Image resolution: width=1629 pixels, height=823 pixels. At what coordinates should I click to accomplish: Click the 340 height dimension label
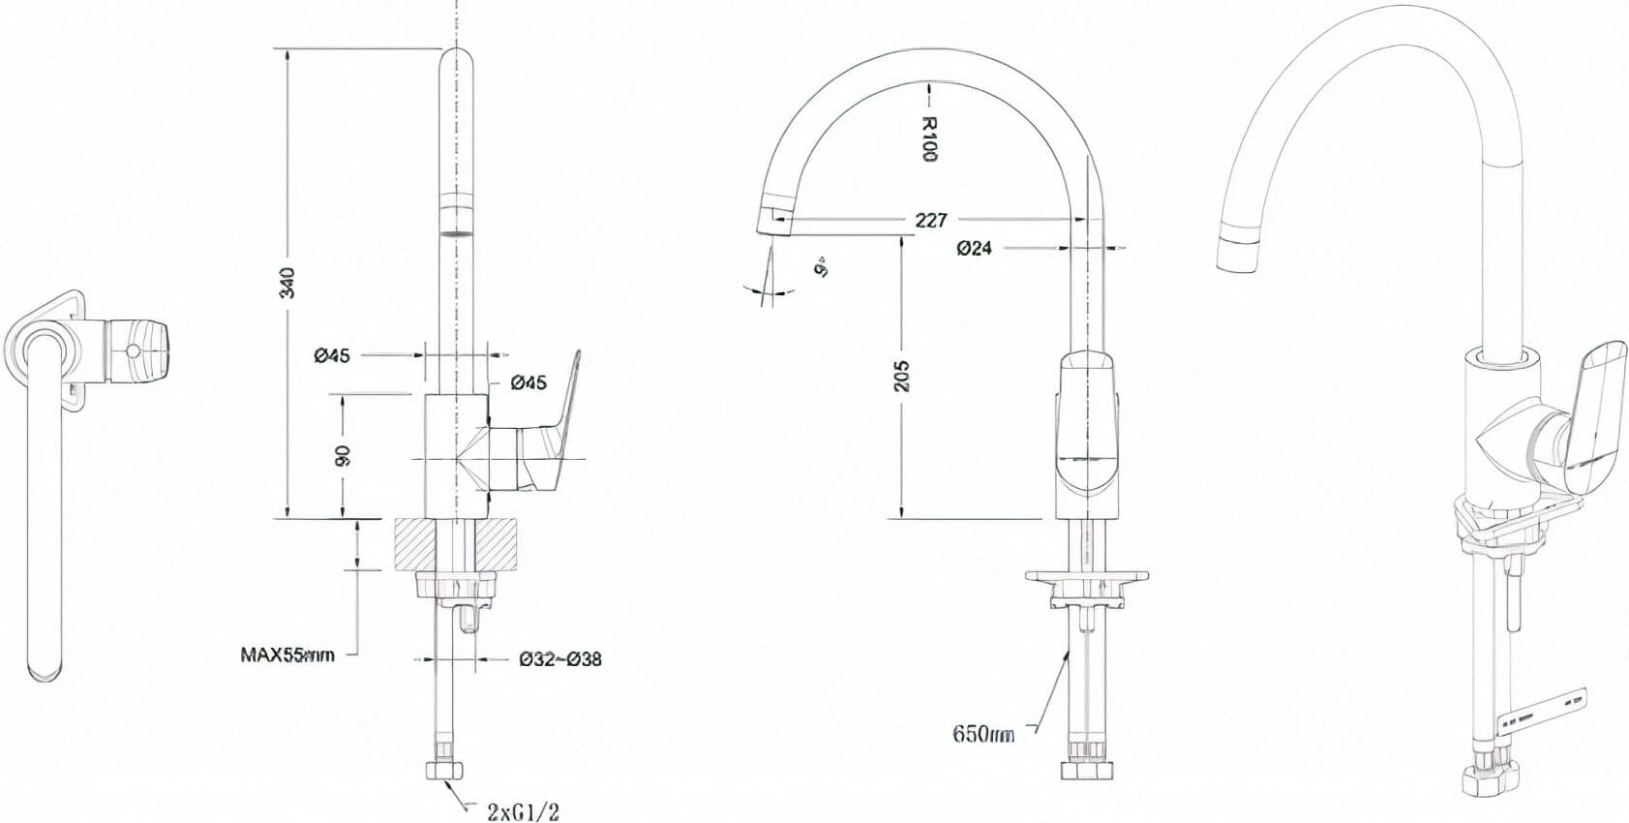tap(287, 282)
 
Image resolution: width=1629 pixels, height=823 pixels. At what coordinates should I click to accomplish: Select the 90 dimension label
tap(342, 455)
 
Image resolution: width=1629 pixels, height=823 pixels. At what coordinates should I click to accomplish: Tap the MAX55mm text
tap(287, 655)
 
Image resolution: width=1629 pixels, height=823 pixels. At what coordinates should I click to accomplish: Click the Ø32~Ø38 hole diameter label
tap(560, 659)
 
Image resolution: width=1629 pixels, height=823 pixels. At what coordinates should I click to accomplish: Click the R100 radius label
tap(928, 138)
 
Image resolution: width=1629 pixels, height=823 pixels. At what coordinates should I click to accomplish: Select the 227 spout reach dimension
tap(930, 221)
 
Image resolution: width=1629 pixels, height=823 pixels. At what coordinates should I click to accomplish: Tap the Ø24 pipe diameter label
tap(974, 248)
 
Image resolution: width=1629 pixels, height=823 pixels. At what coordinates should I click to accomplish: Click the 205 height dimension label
tap(901, 377)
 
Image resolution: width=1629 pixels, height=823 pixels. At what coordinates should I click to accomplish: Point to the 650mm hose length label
tap(983, 734)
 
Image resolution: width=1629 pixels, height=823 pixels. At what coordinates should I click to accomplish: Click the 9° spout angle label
tap(822, 267)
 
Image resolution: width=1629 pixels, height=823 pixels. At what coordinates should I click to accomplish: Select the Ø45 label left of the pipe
tap(331, 355)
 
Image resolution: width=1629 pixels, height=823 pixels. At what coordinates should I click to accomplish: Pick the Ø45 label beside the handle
tap(528, 383)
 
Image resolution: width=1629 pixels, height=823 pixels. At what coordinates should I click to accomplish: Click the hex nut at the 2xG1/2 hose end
tap(444, 771)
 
